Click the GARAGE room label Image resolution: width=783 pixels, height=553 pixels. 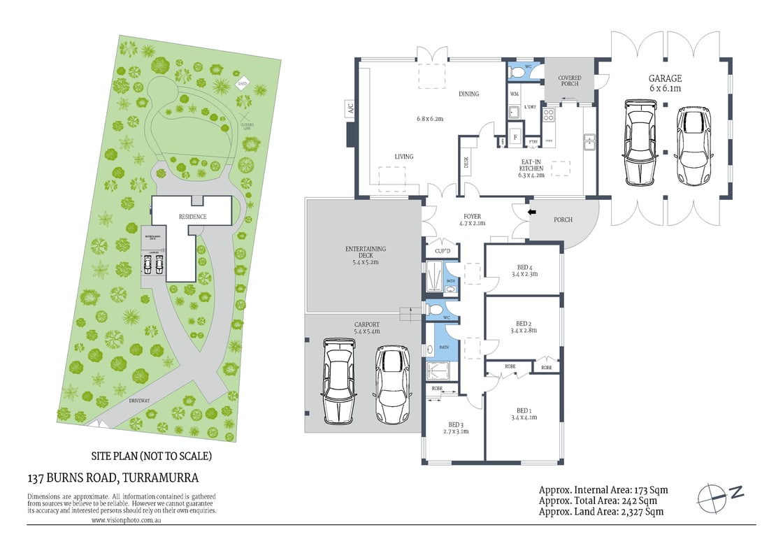coord(663,79)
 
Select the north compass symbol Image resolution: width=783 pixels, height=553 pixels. coord(720,494)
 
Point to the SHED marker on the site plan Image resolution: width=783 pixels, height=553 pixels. coord(243,84)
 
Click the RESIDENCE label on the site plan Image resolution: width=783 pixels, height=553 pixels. coord(192,217)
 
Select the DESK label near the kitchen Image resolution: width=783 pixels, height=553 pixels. coord(466,162)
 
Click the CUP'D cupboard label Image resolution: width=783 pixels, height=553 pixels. coord(442,250)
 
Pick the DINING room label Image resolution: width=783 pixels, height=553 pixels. coord(468,94)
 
